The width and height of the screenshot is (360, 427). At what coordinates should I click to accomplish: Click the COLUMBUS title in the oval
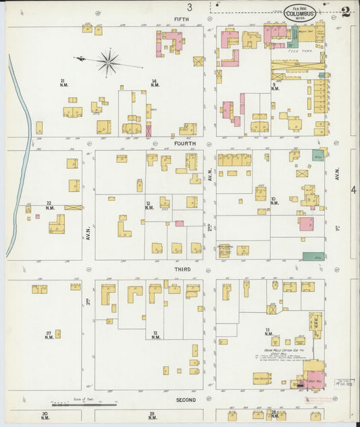(299, 12)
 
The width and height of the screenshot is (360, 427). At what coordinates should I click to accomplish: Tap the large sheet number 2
(345, 11)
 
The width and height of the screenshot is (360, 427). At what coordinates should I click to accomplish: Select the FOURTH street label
(184, 143)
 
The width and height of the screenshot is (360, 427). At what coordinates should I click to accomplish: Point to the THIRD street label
(182, 269)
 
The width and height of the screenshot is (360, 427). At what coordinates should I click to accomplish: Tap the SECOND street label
(185, 400)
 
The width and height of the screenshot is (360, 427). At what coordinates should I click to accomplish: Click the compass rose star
(107, 62)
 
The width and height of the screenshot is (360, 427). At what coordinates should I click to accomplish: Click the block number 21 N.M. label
(63, 82)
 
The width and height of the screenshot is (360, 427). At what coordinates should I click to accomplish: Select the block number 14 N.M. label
(155, 82)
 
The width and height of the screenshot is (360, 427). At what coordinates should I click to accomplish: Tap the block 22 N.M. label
(49, 205)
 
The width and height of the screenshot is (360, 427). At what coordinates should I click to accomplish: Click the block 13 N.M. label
(149, 205)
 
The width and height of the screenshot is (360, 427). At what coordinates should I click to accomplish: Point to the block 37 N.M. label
(49, 335)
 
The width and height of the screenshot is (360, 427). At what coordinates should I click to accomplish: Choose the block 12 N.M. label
(155, 335)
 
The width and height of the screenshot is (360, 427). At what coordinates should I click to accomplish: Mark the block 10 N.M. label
(274, 201)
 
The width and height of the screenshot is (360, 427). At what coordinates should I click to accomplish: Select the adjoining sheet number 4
(353, 191)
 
